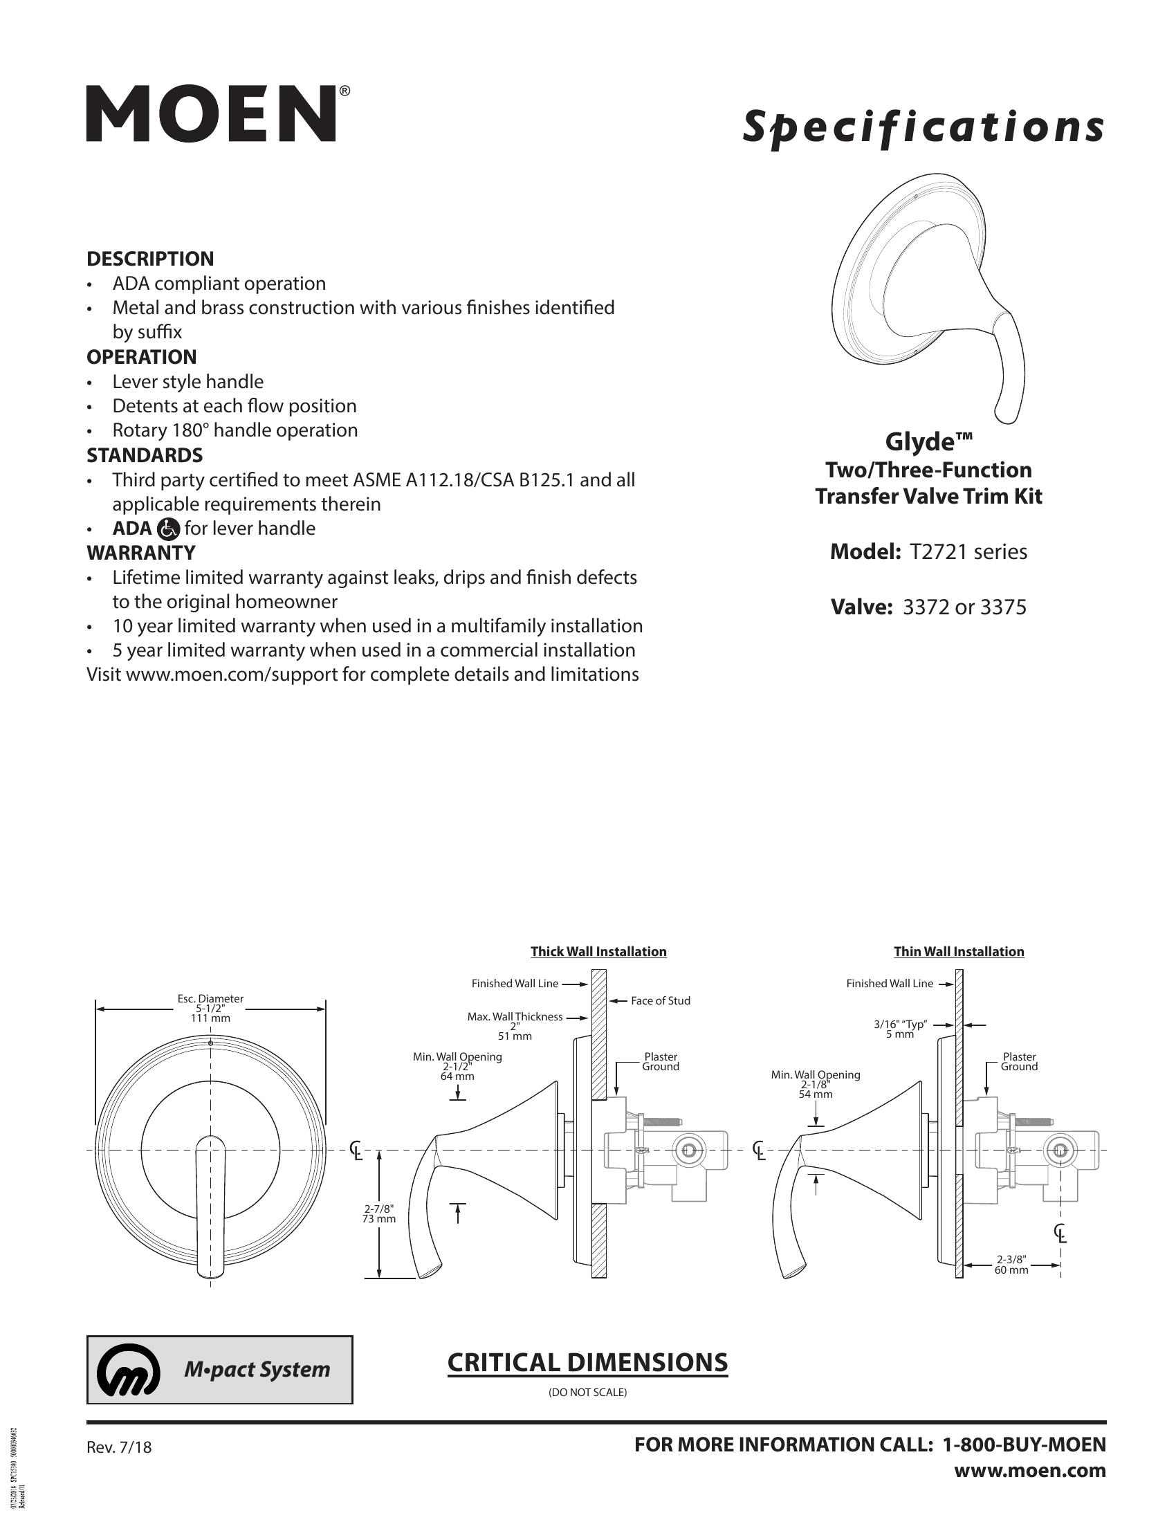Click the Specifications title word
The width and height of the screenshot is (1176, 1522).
click(x=923, y=127)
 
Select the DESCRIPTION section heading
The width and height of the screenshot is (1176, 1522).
click(x=150, y=259)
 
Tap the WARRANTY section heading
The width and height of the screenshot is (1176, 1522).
click(x=140, y=553)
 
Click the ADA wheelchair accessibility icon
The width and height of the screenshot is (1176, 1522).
click(x=169, y=529)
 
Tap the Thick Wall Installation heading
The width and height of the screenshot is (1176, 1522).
click(x=598, y=951)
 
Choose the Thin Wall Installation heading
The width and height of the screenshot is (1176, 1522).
click(x=959, y=951)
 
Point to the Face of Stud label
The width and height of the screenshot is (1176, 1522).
click(x=660, y=1001)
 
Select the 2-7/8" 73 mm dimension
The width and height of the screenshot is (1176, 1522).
click(x=380, y=1234)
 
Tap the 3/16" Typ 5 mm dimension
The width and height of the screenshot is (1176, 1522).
click(x=899, y=1029)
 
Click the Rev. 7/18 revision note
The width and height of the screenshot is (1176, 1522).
click(x=118, y=1447)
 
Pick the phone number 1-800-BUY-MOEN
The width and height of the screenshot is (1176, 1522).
click(x=1023, y=1445)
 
